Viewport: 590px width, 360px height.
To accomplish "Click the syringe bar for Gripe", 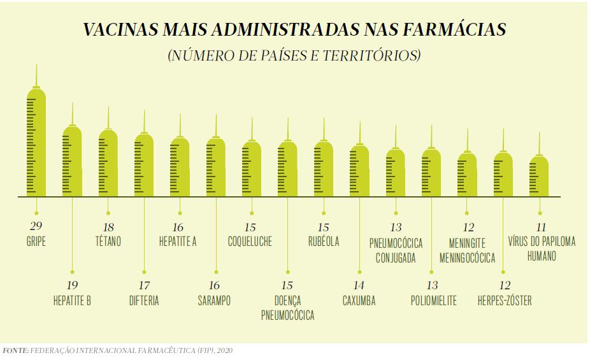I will pyautogui.click(x=36, y=143).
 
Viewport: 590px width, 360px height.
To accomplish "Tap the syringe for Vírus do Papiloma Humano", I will pyautogui.click(x=540, y=176).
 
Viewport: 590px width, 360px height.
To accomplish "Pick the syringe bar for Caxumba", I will pyautogui.click(x=360, y=171).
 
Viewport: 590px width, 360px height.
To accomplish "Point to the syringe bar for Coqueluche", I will pyautogui.click(x=252, y=169).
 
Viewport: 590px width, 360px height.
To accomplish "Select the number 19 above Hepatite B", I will pyautogui.click(x=72, y=285).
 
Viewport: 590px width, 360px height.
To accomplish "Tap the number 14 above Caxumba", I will pyautogui.click(x=359, y=285).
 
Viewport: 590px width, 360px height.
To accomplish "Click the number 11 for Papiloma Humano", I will pyautogui.click(x=540, y=227).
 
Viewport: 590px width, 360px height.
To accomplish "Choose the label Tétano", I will pyautogui.click(x=108, y=241).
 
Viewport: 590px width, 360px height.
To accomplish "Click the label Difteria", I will pyautogui.click(x=144, y=301).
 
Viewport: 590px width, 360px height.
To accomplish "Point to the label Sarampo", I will pyautogui.click(x=215, y=301).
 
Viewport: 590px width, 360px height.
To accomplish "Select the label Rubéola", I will pyautogui.click(x=323, y=241).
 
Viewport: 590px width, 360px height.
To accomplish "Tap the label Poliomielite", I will pyautogui.click(x=433, y=301).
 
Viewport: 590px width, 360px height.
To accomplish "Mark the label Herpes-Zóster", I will pyautogui.click(x=505, y=301).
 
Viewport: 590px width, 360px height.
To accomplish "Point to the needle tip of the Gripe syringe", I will pyautogui.click(x=36, y=65).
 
